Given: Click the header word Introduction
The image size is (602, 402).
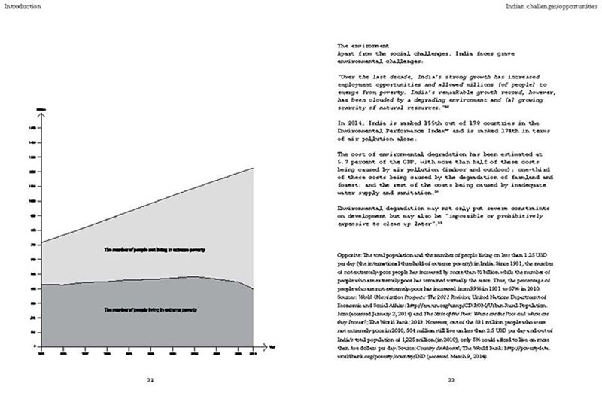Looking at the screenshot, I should [21, 6].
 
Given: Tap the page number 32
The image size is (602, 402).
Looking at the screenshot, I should [149, 380].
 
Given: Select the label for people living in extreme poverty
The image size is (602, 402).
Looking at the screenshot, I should [150, 309].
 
